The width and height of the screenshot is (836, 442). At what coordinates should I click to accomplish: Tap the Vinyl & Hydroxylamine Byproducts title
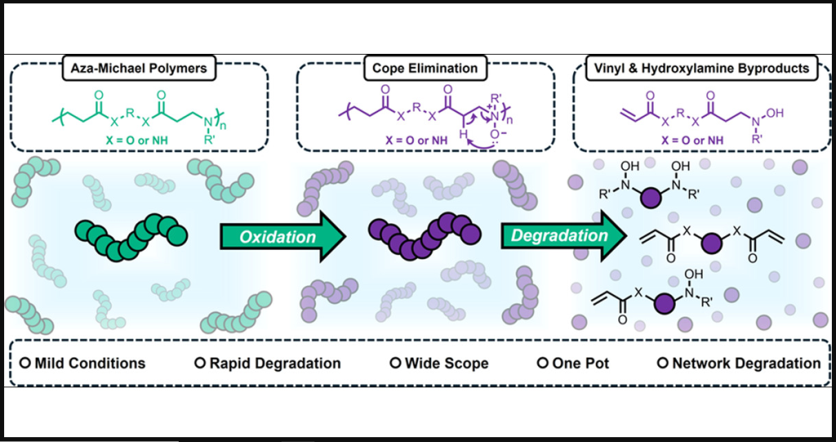[701, 69]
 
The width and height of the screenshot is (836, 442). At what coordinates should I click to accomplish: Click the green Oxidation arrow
[278, 237]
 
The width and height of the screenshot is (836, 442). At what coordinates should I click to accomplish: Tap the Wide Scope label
[446, 363]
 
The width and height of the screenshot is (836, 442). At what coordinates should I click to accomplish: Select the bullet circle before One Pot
[540, 363]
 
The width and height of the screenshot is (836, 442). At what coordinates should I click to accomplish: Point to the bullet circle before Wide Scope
[398, 363]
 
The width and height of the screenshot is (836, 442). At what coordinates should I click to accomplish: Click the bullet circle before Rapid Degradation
[198, 363]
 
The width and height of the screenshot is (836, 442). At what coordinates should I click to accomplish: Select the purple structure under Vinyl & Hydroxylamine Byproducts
[701, 110]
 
